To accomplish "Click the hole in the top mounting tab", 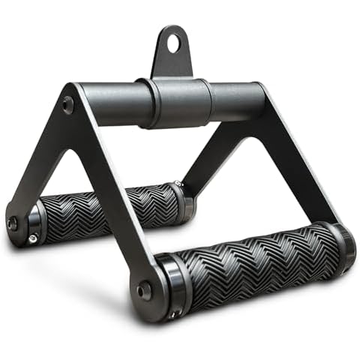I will coord(174,43).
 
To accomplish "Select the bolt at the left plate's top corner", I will coord(68,104).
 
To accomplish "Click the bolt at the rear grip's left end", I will coord(12,223).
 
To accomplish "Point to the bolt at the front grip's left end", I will coord(143,289).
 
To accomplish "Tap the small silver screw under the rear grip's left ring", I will coord(32,239).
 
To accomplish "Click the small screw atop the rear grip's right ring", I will coord(177,183).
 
